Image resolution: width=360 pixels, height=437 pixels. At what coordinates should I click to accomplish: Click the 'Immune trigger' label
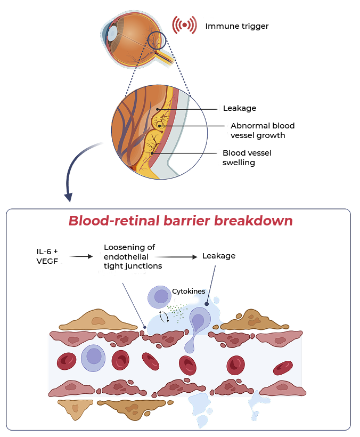[237, 26]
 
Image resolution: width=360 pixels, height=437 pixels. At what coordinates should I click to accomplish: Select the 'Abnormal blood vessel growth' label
[261, 131]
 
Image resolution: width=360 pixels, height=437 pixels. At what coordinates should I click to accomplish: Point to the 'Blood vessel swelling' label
[246, 157]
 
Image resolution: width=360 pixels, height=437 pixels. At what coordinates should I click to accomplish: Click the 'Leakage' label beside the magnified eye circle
[239, 108]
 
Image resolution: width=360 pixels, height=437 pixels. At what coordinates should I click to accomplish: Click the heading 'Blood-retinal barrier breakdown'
[180, 221]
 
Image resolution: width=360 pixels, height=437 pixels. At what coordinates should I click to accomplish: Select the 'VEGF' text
[47, 261]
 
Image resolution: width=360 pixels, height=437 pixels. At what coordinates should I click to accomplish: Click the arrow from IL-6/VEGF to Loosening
[81, 256]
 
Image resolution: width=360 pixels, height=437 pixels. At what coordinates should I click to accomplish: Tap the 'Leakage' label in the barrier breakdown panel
[218, 256]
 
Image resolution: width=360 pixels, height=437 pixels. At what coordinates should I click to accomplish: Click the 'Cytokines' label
[188, 291]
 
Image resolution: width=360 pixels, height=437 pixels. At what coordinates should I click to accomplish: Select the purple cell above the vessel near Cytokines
[159, 297]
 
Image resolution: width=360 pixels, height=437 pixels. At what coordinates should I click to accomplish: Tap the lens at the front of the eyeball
[113, 33]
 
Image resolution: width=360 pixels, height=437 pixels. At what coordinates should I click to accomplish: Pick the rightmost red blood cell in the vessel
[283, 367]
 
